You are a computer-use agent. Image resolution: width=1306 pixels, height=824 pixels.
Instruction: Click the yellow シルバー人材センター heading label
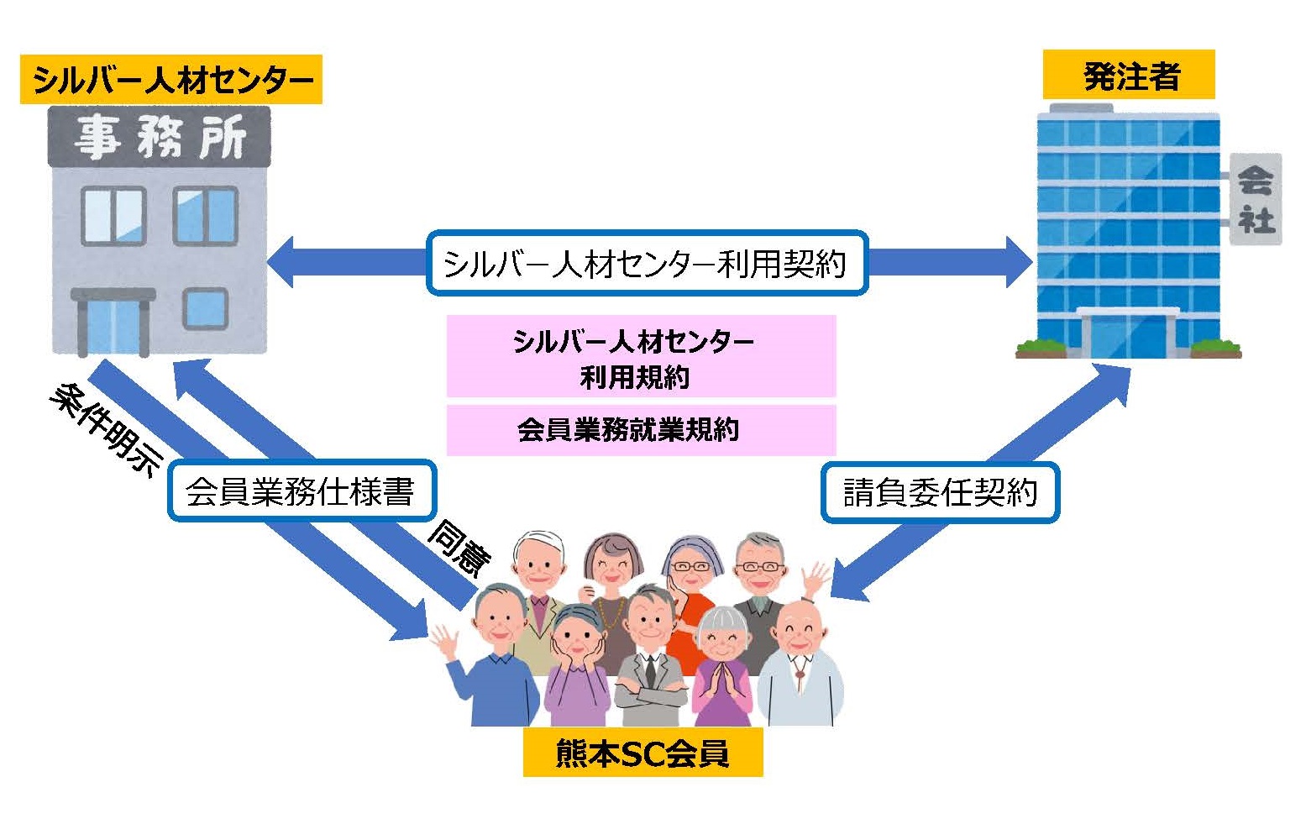tap(170, 80)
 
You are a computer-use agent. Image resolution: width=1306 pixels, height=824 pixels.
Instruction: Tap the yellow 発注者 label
tap(1128, 76)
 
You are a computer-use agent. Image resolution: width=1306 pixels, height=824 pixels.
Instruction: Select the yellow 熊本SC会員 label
tap(643, 753)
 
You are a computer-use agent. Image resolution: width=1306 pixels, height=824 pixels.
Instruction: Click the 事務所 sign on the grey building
tap(160, 137)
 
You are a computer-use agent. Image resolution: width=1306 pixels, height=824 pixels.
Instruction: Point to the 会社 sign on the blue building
tap(1256, 199)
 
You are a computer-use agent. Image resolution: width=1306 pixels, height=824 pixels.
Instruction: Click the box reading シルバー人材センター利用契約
tap(646, 263)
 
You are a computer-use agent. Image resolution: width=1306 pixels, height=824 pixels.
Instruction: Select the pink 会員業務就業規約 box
tap(641, 430)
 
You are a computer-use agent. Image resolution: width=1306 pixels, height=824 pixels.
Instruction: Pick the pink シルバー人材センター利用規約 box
tap(641, 356)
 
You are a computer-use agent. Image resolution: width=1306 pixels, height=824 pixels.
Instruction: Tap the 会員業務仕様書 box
tap(301, 491)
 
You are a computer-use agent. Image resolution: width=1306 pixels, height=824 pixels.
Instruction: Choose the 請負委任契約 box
tap(940, 491)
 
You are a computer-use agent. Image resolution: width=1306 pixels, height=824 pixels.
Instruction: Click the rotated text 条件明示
tap(106, 431)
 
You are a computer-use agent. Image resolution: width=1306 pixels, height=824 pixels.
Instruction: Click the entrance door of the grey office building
tap(113, 324)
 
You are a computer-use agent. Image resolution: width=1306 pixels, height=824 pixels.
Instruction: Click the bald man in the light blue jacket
tap(800, 664)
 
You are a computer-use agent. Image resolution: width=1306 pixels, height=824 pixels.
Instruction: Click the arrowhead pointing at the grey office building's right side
tap(281, 262)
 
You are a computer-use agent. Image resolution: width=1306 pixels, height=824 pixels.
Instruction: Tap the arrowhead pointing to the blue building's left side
tap(1018, 262)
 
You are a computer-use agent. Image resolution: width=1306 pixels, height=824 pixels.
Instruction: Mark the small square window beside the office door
tap(205, 308)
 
